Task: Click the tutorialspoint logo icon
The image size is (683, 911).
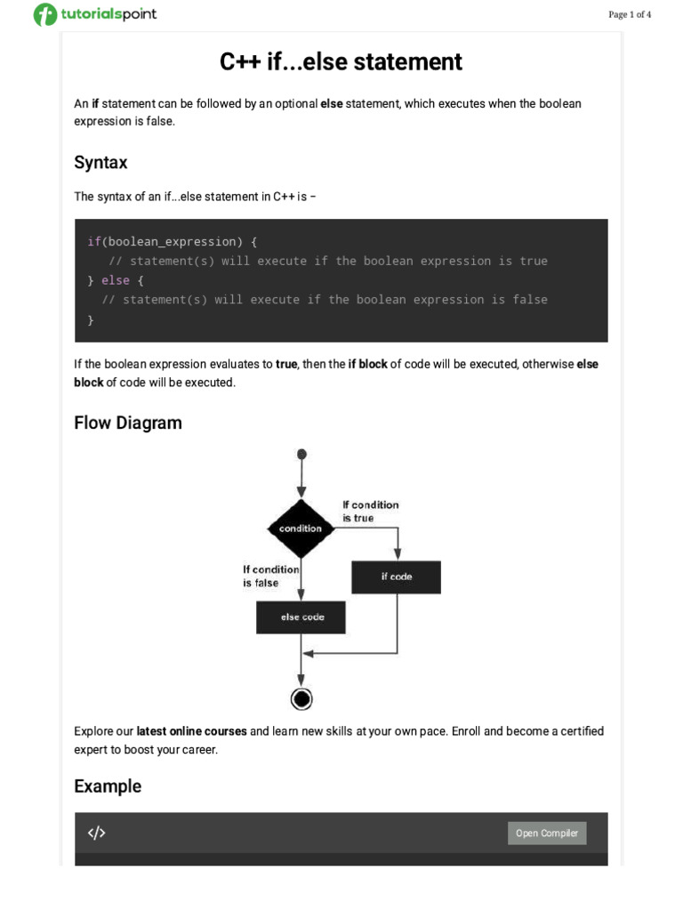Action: click(x=44, y=14)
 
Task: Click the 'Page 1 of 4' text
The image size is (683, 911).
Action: click(x=630, y=14)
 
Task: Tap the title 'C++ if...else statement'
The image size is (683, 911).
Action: click(x=341, y=62)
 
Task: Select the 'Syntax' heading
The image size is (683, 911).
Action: click(x=100, y=163)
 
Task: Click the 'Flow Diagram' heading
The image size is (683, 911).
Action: click(x=128, y=423)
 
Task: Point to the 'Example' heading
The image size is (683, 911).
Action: click(x=108, y=786)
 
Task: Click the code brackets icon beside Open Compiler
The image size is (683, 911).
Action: click(x=96, y=833)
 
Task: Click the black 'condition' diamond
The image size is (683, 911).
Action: click(x=301, y=528)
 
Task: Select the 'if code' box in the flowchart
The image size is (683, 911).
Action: click(x=396, y=576)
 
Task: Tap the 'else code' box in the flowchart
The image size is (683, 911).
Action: click(x=301, y=617)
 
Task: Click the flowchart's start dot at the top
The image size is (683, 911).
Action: click(x=301, y=454)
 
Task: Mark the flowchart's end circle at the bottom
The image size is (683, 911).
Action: click(x=301, y=699)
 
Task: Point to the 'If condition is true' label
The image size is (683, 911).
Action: click(x=370, y=512)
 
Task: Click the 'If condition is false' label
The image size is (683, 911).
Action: click(x=270, y=576)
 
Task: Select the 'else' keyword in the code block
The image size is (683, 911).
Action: click(x=116, y=280)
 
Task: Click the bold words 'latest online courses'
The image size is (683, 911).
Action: click(x=191, y=731)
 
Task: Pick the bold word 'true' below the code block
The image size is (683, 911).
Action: click(x=286, y=364)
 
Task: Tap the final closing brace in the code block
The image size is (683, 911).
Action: click(x=91, y=319)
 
